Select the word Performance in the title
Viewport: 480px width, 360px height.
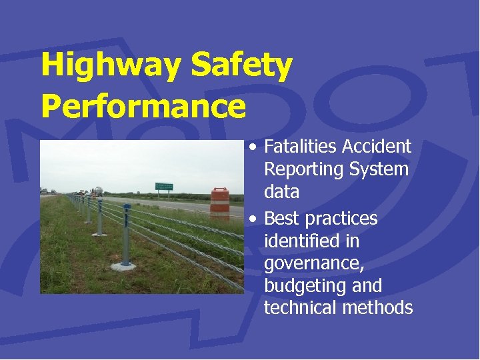pos(143,107)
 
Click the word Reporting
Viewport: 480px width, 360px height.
pos(302,170)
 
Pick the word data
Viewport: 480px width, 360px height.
pos(281,193)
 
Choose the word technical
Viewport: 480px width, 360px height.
pos(300,307)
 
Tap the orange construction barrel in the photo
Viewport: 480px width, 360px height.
pos(219,203)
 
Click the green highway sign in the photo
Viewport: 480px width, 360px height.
pos(163,187)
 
